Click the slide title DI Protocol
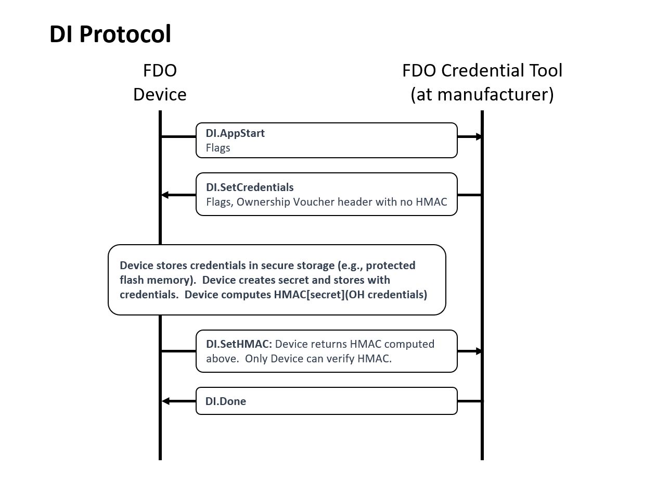(x=110, y=34)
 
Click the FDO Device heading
(x=160, y=82)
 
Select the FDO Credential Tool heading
(x=482, y=71)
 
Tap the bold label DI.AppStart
(x=235, y=133)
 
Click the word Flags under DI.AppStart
(x=218, y=148)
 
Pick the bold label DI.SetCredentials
(x=250, y=187)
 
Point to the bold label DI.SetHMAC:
(x=239, y=344)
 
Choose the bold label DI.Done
(x=226, y=401)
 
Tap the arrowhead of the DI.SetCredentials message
(x=165, y=195)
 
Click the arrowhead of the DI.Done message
(x=165, y=401)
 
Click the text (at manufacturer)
(x=482, y=95)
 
